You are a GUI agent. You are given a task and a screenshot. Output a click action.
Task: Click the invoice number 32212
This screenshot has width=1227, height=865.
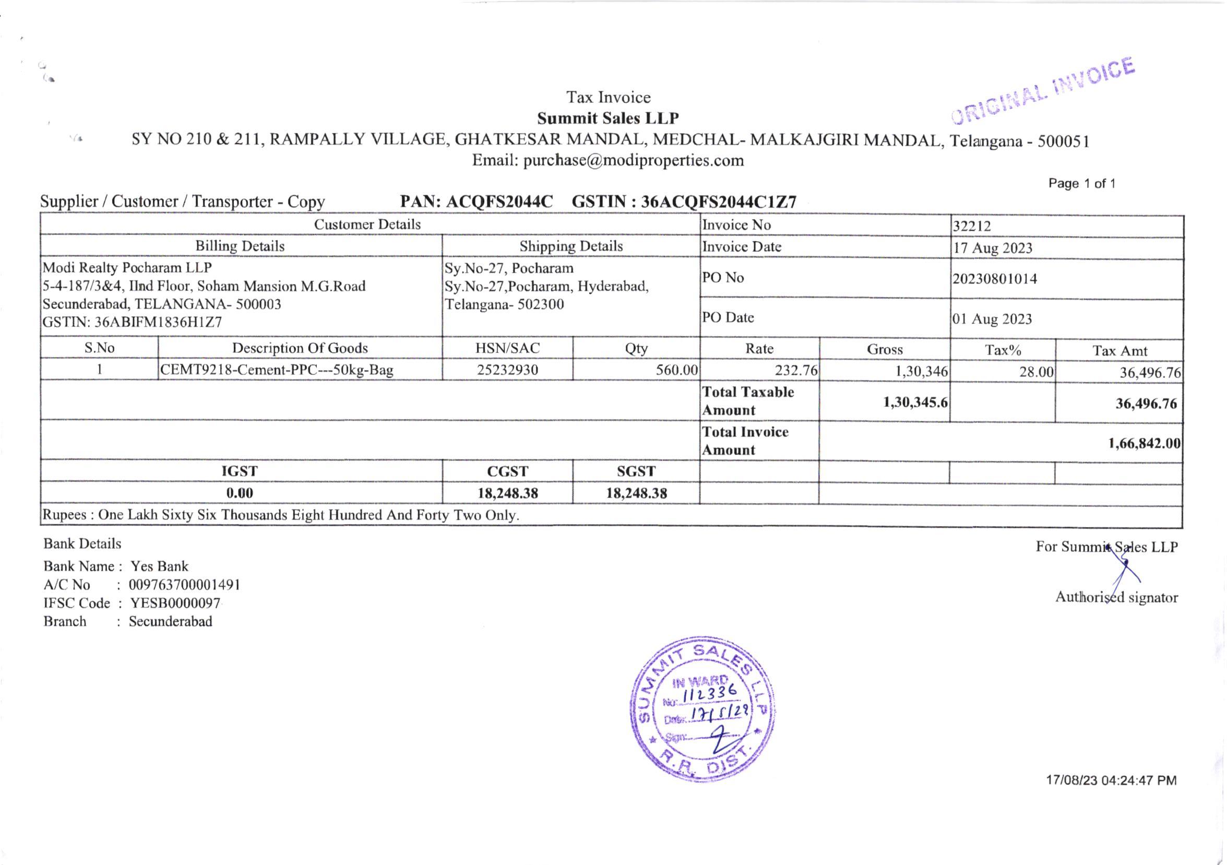(972, 226)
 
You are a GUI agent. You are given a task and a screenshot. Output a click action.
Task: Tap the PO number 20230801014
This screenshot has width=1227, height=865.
(995, 279)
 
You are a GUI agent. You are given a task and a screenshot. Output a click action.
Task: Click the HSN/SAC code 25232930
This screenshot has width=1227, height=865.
(507, 370)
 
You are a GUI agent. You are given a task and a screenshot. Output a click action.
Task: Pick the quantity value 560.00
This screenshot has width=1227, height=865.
(676, 370)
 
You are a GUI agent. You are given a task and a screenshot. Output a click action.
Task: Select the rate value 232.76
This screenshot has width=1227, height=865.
(796, 371)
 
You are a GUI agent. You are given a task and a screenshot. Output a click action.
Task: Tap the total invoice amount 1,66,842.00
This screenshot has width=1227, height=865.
(1144, 443)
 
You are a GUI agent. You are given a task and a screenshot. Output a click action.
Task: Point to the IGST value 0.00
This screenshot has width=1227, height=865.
(240, 493)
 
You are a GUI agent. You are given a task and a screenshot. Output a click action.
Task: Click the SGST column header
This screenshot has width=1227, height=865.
(636, 471)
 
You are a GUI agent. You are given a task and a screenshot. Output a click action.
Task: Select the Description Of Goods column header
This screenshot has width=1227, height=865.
(300, 348)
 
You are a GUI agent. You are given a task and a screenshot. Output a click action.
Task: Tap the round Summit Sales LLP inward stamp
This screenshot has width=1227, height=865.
(704, 709)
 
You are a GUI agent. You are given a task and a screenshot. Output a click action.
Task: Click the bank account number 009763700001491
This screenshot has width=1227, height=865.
(184, 584)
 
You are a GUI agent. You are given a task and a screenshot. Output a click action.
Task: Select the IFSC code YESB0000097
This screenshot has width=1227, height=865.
(175, 603)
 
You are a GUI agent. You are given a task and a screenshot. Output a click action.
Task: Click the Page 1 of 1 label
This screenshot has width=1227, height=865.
(1081, 184)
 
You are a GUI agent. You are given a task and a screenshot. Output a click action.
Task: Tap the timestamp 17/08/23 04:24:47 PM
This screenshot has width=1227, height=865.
(1111, 780)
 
